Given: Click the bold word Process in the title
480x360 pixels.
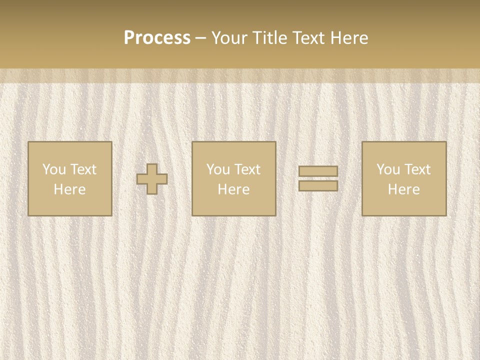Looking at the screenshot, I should pos(157,38).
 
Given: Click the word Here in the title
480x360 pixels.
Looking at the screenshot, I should pos(350,38).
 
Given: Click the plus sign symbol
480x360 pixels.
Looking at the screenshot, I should pos(152,179).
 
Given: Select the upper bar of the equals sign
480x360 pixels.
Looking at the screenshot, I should pos(318,171).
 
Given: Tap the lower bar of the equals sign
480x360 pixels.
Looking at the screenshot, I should pos(318,185).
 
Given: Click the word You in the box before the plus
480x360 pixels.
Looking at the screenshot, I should pos(54,169).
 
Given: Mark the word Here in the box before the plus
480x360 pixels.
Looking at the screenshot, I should pos(69,189).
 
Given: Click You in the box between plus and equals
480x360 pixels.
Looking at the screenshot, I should pos(218,169).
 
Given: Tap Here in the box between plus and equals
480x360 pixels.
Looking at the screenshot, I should pos(233,189).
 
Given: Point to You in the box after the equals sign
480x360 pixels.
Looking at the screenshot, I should pos(388,169).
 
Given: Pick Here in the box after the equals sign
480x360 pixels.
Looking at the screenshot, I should pos(403,189).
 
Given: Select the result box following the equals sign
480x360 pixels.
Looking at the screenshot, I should pos(404,205).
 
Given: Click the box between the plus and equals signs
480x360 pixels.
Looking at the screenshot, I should pos(234,205).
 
